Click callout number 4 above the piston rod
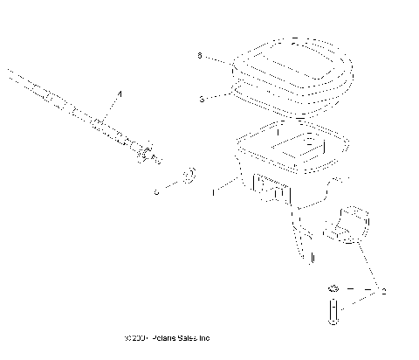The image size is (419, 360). (120, 93)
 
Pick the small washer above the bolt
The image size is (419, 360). (333, 288)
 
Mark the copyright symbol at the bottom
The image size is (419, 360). (128, 338)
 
